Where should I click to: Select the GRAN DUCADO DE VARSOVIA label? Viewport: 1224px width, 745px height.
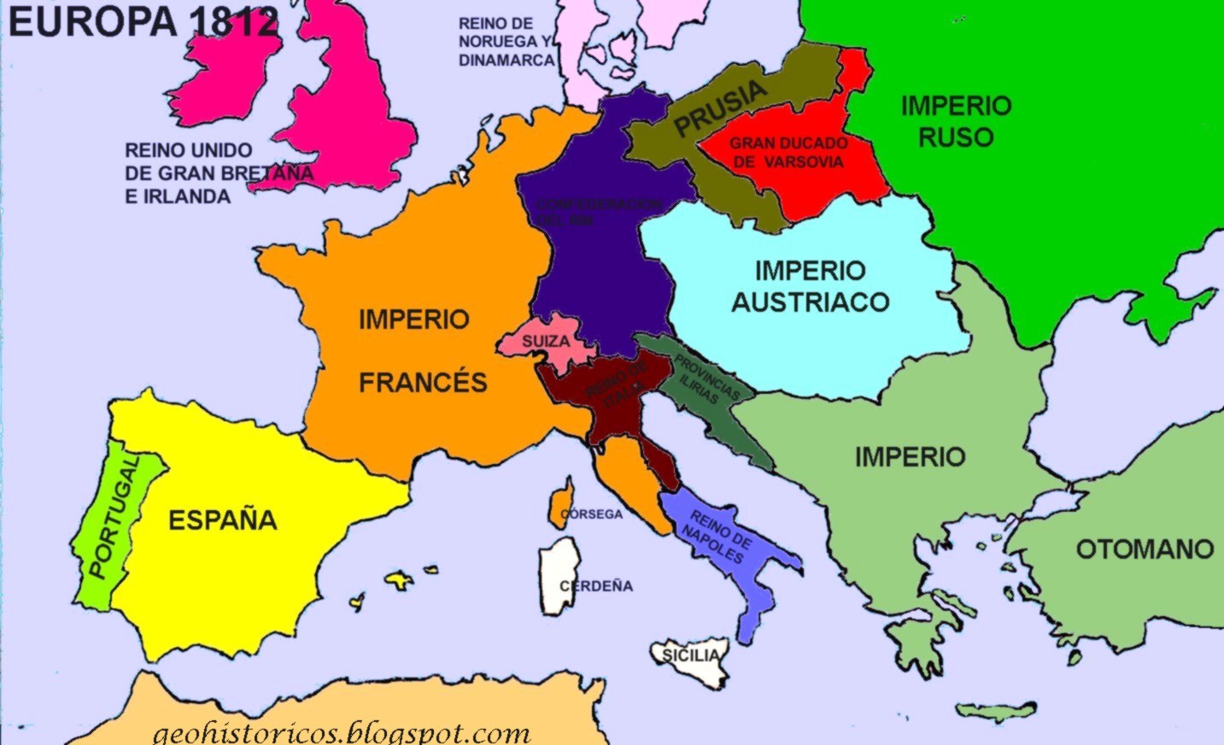(x=788, y=153)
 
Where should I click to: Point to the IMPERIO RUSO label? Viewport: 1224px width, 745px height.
(x=956, y=121)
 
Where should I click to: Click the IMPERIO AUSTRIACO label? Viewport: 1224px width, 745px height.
(x=810, y=286)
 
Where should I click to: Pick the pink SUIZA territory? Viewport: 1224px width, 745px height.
(x=547, y=340)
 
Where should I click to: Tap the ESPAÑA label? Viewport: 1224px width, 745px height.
(x=222, y=519)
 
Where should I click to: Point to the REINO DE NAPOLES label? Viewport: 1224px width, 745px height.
(x=717, y=537)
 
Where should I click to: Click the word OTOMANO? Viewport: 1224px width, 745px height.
(x=1145, y=548)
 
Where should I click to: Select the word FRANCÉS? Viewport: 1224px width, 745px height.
(x=423, y=382)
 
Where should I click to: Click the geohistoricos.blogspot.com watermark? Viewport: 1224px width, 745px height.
(x=342, y=732)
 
